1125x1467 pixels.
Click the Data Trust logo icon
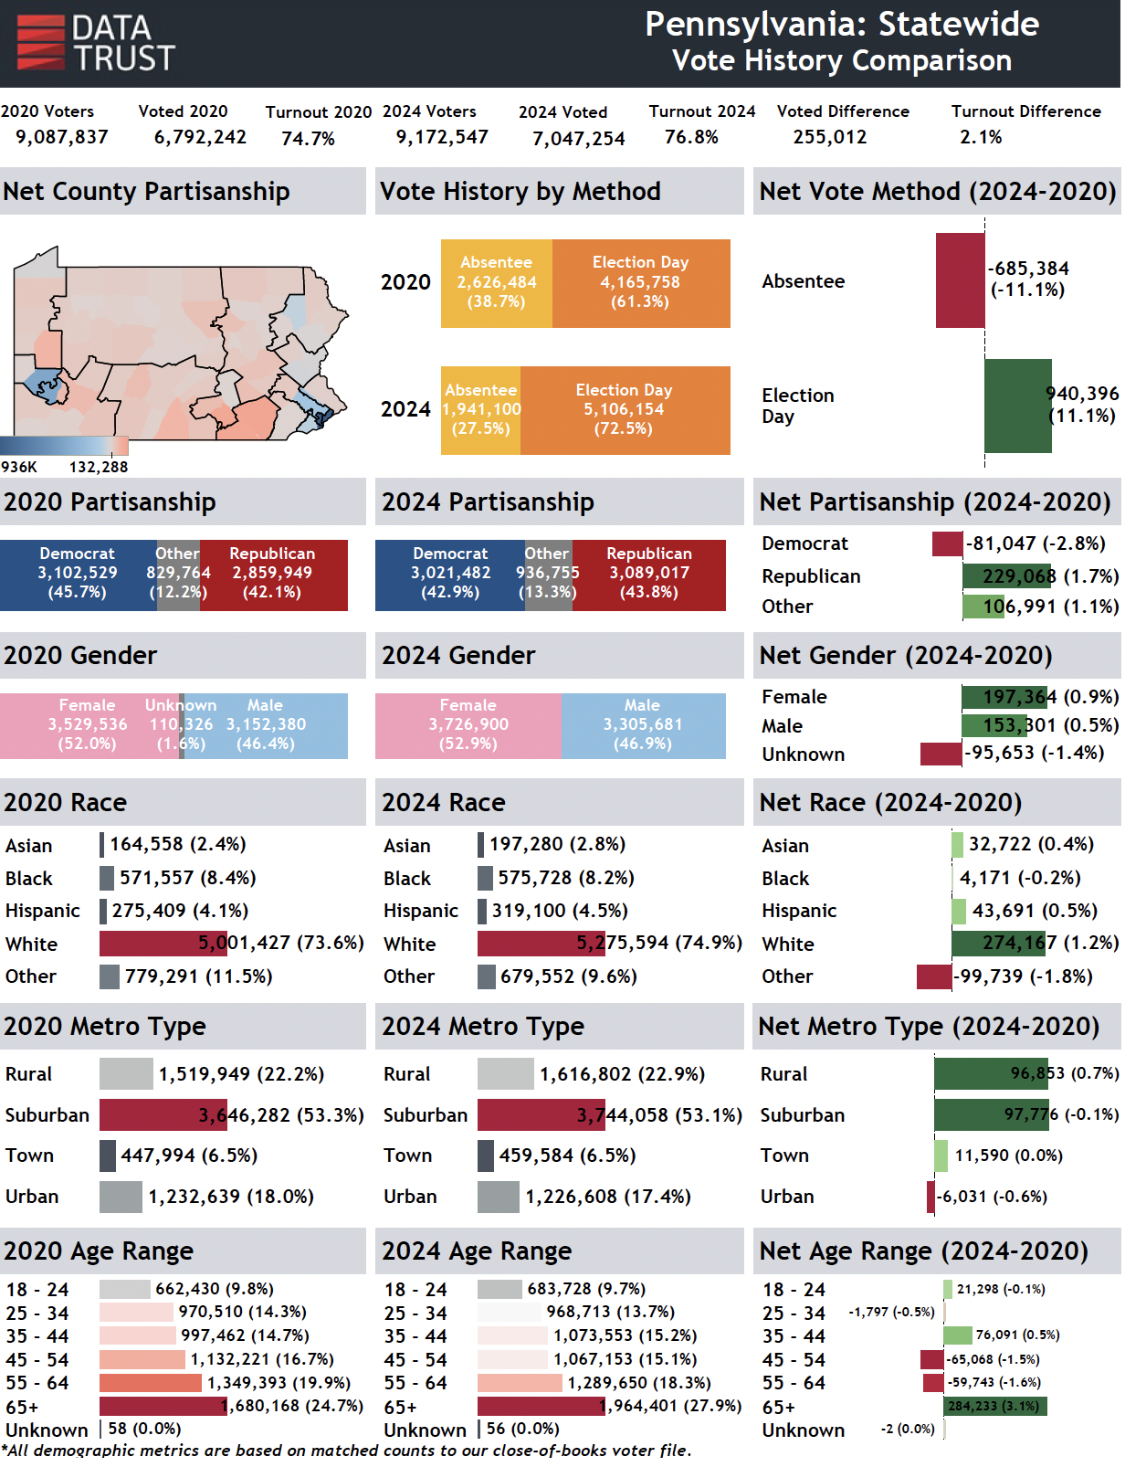(41, 42)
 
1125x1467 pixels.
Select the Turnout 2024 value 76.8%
(691, 137)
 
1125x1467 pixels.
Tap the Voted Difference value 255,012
(829, 137)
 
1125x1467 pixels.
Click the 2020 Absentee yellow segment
(496, 283)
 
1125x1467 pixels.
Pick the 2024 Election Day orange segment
(625, 410)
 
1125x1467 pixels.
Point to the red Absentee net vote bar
(960, 280)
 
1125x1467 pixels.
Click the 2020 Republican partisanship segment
(273, 575)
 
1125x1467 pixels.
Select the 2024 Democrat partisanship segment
(449, 575)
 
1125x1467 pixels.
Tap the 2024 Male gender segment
(643, 725)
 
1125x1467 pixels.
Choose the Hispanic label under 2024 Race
(420, 911)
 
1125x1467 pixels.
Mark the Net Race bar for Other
(934, 976)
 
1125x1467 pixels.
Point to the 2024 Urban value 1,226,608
(607, 1197)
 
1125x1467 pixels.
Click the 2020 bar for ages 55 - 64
(150, 1383)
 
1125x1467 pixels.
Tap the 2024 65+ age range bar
(540, 1406)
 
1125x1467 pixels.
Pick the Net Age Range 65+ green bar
(994, 1406)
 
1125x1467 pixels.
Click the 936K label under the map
(18, 467)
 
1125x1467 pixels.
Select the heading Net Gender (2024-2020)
(905, 655)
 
